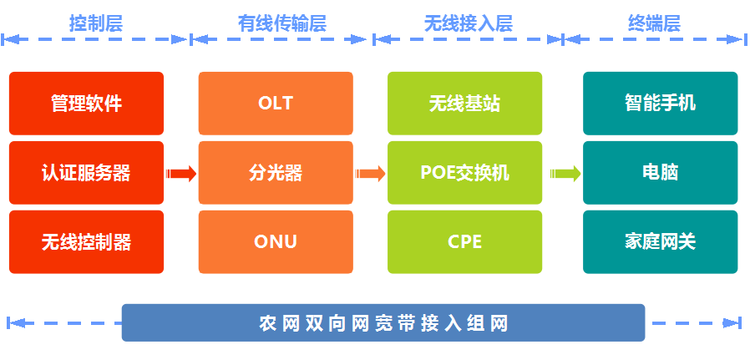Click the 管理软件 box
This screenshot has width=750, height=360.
[x=87, y=104]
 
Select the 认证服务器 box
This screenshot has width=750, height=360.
[x=87, y=173]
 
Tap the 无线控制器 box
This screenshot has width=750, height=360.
[x=87, y=242]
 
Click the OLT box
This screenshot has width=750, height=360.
[x=276, y=104]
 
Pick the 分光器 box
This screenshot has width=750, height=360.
[x=276, y=173]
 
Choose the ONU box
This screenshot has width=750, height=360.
[x=276, y=242]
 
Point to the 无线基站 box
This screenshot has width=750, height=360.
[x=465, y=104]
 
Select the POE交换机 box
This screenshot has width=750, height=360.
[x=465, y=173]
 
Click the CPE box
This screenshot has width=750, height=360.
[x=465, y=242]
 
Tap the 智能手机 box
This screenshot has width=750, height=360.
[x=660, y=104]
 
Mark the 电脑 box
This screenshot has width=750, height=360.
[x=660, y=173]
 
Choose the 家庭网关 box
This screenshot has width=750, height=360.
[x=660, y=242]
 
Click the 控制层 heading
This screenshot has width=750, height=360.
[x=96, y=23]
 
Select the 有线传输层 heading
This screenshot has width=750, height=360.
[x=282, y=23]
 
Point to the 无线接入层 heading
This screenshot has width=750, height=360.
[x=469, y=23]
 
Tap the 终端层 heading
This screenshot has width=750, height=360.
[x=654, y=23]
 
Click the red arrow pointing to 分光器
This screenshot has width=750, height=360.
[x=181, y=173]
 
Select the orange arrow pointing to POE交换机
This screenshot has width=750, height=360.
[x=370, y=173]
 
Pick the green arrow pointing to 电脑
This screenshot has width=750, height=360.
[x=565, y=173]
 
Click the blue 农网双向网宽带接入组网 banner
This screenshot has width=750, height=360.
[x=383, y=322]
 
